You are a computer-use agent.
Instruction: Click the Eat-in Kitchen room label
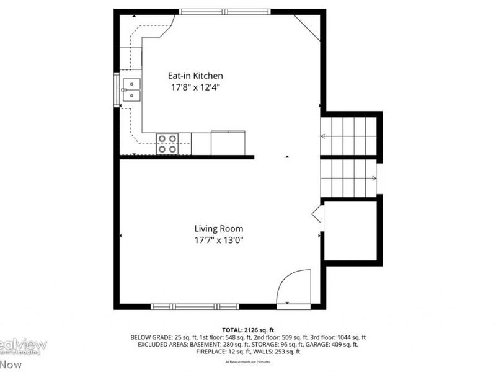195,76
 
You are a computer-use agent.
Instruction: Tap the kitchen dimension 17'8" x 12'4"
195,87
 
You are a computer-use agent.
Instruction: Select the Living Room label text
219,228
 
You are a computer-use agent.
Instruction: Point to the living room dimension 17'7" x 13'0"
219,240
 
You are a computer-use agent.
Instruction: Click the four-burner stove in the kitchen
167,143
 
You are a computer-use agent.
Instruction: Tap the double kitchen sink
131,89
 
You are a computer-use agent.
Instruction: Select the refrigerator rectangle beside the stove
228,143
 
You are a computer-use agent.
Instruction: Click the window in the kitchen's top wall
224,11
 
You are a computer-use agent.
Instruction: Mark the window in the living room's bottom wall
195,306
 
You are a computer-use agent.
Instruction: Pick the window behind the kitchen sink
116,89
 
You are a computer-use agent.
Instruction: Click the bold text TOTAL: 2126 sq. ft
248,330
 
